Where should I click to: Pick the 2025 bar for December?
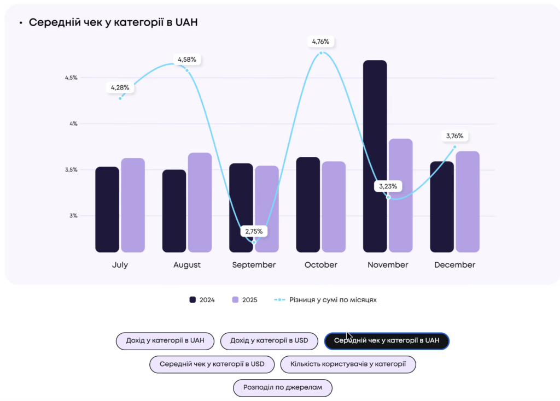click(x=468, y=202)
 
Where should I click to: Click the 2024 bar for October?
click(x=308, y=204)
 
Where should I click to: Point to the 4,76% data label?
click(x=320, y=42)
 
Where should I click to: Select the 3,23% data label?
click(x=388, y=186)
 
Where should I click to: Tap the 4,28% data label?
click(x=120, y=87)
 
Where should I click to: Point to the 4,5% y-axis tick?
click(x=71, y=78)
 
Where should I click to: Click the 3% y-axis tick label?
click(x=72, y=216)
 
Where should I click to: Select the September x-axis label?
click(x=254, y=265)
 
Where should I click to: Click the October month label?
click(x=321, y=265)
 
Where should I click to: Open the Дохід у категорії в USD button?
click(x=269, y=341)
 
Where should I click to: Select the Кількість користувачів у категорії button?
click(x=348, y=364)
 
